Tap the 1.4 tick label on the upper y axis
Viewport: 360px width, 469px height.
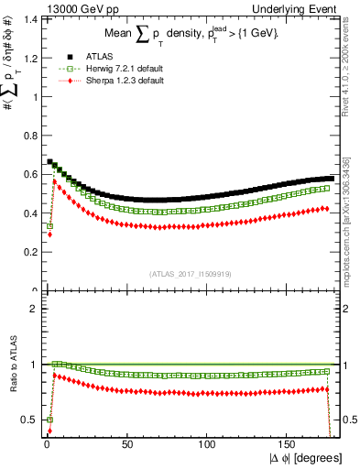click(27, 18)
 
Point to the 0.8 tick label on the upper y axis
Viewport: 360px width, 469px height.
click(27, 135)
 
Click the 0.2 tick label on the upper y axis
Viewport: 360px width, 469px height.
click(27, 251)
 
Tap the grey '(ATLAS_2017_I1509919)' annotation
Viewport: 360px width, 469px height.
click(190, 273)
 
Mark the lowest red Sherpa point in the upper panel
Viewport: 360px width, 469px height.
click(49, 234)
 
